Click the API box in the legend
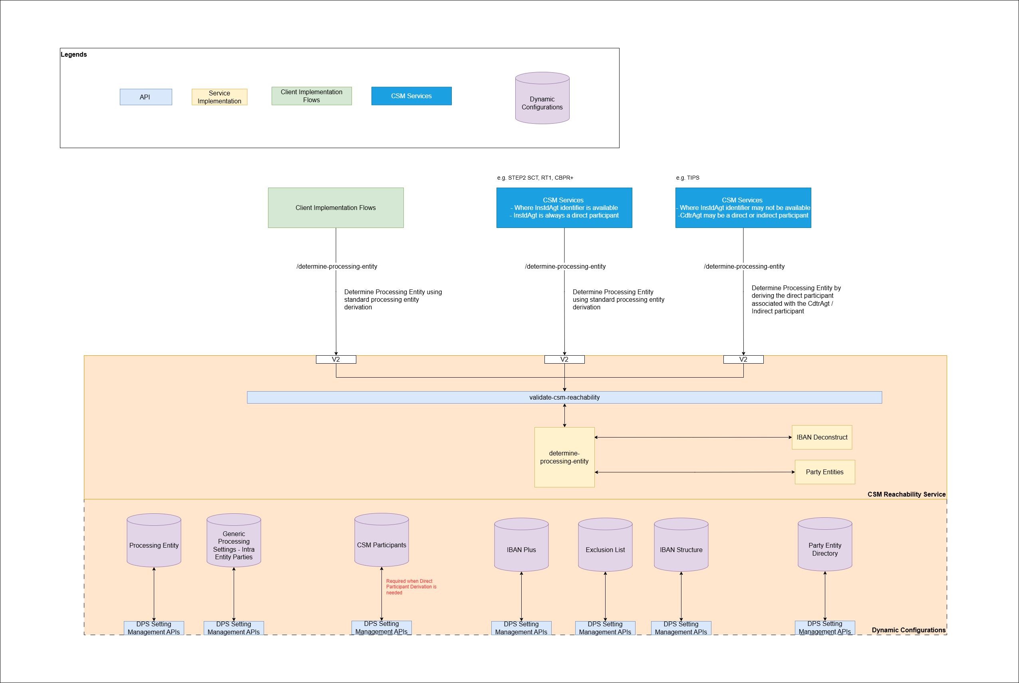[145, 97]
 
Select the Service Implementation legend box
[219, 97]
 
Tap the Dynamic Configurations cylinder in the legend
[542, 103]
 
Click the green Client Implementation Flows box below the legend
[336, 208]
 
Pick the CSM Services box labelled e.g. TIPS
[743, 208]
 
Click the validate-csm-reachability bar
[564, 397]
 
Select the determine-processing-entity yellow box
[564, 457]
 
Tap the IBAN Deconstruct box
[822, 438]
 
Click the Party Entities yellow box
[824, 472]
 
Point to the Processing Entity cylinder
[154, 545]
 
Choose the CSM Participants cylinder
[381, 544]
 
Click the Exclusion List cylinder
[605, 549]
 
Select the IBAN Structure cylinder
[681, 549]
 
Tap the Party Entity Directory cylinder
[824, 549]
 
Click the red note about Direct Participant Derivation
[411, 587]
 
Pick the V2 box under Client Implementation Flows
[336, 359]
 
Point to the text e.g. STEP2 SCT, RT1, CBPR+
[535, 178]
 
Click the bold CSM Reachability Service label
[906, 495]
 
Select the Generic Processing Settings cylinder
[234, 545]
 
